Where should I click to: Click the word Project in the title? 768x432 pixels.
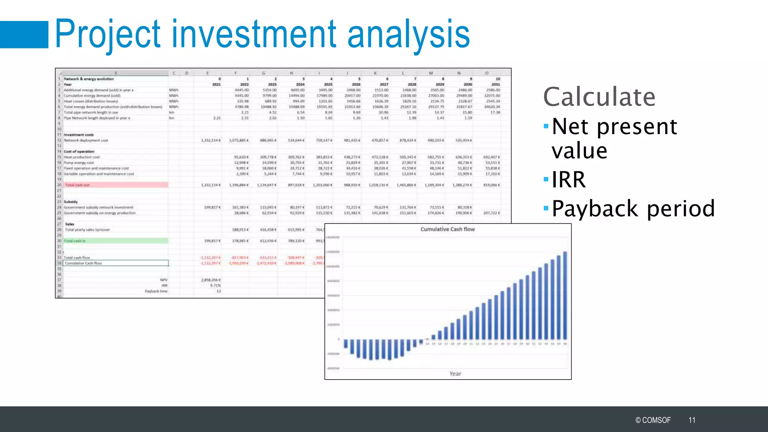click(108, 34)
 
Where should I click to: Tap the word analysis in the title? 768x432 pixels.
click(408, 34)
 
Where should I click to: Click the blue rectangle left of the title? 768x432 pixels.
click(24, 34)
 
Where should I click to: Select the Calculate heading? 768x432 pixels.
click(599, 97)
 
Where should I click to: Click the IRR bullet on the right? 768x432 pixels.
click(568, 180)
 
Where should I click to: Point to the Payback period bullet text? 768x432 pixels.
click(633, 208)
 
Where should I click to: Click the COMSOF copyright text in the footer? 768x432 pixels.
click(653, 420)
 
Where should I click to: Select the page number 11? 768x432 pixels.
click(692, 420)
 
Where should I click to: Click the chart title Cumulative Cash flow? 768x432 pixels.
click(447, 229)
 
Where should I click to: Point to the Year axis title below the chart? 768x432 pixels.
click(455, 373)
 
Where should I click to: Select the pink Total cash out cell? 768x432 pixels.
click(116, 185)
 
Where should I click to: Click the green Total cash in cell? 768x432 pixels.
click(116, 241)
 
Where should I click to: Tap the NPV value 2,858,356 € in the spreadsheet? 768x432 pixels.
click(211, 280)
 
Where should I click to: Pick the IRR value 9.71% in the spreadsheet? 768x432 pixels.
click(215, 285)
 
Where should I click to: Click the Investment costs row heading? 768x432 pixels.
click(79, 135)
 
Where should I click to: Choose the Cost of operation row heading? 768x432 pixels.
click(79, 151)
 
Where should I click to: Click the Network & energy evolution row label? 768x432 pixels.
click(88, 79)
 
